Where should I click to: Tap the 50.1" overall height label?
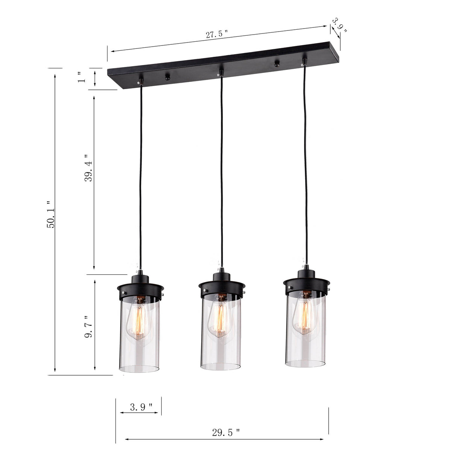click(x=51, y=214)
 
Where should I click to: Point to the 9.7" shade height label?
click(x=89, y=326)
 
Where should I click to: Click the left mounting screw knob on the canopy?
click(x=167, y=78)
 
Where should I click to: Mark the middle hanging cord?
click(x=222, y=169)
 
